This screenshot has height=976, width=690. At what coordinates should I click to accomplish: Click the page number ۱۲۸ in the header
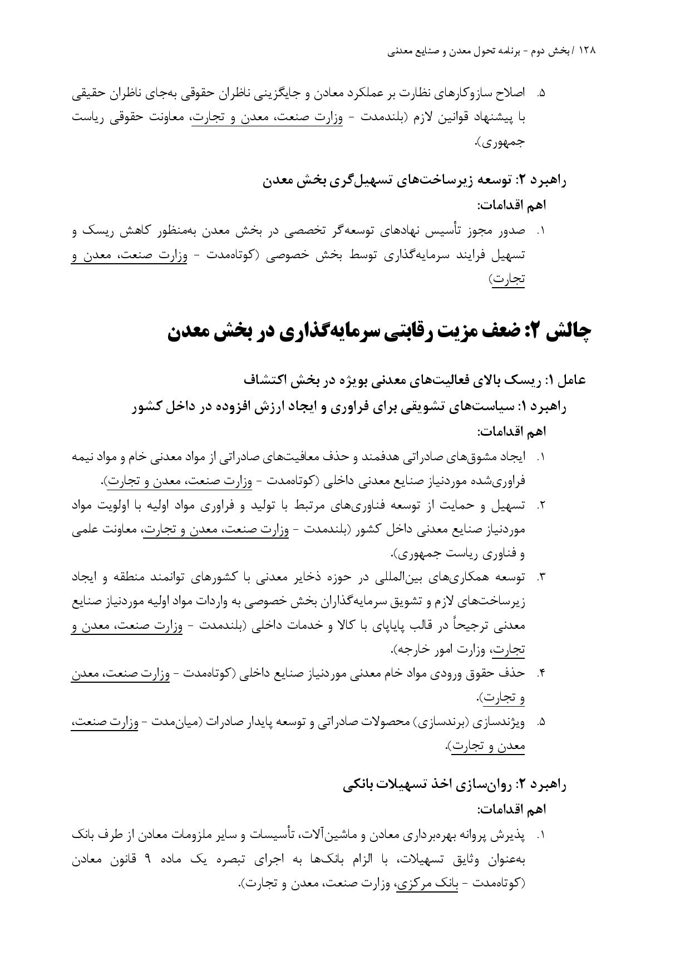[587, 51]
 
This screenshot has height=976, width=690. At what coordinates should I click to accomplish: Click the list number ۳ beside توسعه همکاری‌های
[540, 578]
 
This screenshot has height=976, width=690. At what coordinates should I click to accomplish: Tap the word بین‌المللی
[398, 578]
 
